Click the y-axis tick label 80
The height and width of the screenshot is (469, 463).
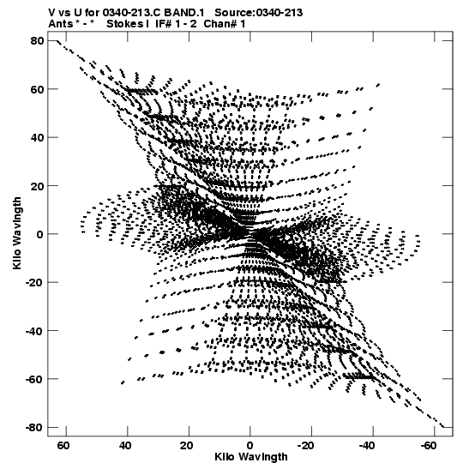[x=38, y=40]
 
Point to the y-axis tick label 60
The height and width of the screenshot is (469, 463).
[x=38, y=89]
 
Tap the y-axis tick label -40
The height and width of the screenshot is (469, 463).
[x=35, y=330]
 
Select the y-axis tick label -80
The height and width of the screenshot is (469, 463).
[x=35, y=427]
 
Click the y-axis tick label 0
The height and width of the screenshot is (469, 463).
[x=40, y=234]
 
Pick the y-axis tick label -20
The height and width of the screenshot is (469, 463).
[x=35, y=282]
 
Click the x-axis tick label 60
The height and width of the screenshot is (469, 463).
[x=63, y=446]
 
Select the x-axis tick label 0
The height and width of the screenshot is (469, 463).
[x=250, y=446]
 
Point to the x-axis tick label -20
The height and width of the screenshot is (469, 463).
[x=306, y=446]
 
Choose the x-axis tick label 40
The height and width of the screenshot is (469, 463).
[x=124, y=446]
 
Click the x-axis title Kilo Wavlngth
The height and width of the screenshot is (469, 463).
[x=251, y=457]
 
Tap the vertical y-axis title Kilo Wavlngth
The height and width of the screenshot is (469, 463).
[x=17, y=233]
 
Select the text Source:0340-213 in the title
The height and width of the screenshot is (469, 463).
[x=258, y=13]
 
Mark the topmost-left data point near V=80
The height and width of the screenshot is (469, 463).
[x=57, y=40]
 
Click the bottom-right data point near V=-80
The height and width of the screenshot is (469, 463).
[x=442, y=426]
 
